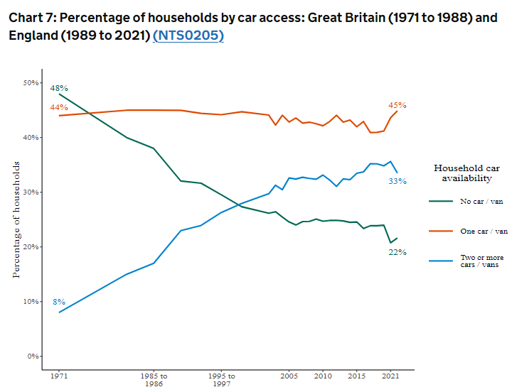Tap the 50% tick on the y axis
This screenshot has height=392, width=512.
click(x=29, y=83)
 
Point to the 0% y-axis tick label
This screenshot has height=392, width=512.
click(x=31, y=356)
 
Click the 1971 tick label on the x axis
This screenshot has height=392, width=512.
click(x=59, y=376)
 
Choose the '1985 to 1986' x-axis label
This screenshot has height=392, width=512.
click(x=154, y=379)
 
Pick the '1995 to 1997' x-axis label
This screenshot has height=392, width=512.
click(x=221, y=379)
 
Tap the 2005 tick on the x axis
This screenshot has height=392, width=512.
click(x=289, y=376)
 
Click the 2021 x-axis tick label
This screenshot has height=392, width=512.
click(x=390, y=376)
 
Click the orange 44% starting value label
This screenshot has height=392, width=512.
click(x=58, y=107)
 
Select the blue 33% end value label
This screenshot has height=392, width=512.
click(x=398, y=181)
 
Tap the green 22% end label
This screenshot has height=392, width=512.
click(x=398, y=252)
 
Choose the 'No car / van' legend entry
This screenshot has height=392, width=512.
click(x=481, y=201)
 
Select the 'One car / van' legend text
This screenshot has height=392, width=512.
click(x=484, y=231)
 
